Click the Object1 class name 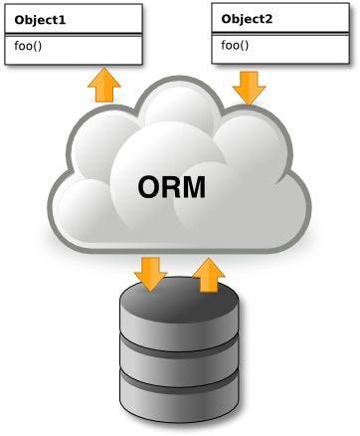tap(41, 19)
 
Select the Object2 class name tap(249, 19)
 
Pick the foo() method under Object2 tap(235, 45)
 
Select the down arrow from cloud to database tap(151, 273)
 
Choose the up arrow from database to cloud tap(207, 274)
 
